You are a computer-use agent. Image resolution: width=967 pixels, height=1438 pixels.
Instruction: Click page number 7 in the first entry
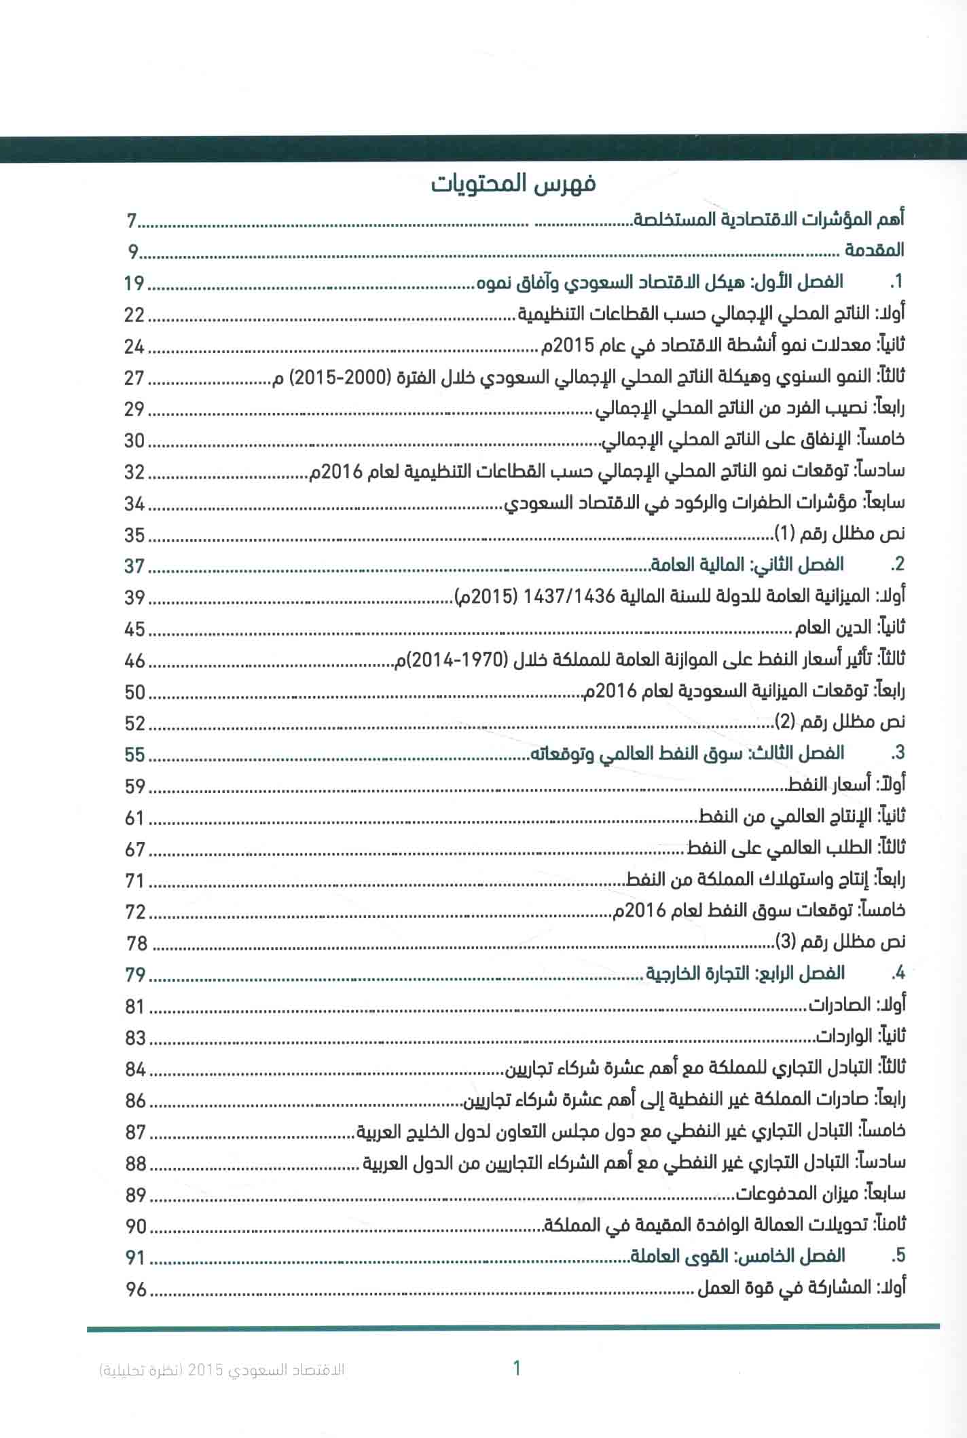pyautogui.click(x=132, y=221)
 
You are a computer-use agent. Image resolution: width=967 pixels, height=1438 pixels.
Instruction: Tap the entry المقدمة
pyautogui.click(x=874, y=251)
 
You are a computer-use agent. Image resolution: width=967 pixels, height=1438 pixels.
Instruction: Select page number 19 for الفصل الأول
pyautogui.click(x=134, y=283)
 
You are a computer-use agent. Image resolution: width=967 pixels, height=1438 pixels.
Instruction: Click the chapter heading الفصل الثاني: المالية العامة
pyautogui.click(x=748, y=565)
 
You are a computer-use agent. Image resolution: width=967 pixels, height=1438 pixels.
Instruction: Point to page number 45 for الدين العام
pyautogui.click(x=135, y=629)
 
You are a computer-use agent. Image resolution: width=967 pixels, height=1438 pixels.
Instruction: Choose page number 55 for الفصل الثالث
pyautogui.click(x=135, y=755)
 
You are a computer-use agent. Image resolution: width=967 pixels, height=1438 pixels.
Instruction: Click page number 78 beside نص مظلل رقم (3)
pyautogui.click(x=136, y=943)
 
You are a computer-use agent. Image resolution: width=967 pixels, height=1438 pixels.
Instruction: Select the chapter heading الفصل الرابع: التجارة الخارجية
pyautogui.click(x=744, y=974)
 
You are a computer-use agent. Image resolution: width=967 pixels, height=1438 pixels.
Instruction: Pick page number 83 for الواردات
pyautogui.click(x=136, y=1037)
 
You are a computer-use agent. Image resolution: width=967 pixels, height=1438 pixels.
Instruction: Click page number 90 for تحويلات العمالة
pyautogui.click(x=136, y=1226)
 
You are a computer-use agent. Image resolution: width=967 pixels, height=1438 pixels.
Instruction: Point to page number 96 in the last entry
pyautogui.click(x=136, y=1289)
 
